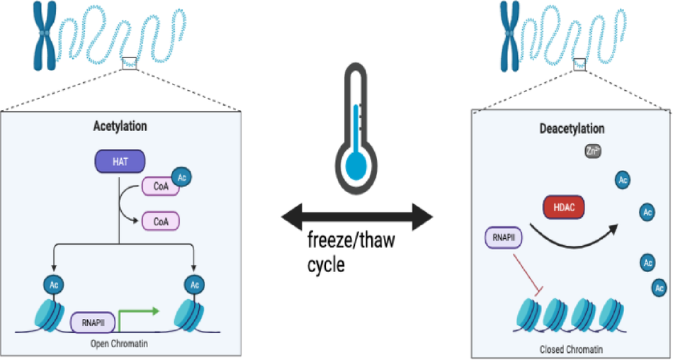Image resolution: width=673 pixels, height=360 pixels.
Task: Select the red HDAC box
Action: [564, 207]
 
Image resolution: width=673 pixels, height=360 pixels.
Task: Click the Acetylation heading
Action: [120, 127]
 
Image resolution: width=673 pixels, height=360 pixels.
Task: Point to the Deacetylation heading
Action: [572, 129]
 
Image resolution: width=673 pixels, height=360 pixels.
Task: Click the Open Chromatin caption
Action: [118, 344]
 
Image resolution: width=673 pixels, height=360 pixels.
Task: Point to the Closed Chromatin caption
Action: [572, 349]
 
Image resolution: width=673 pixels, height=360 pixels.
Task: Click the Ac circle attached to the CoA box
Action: [182, 175]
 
